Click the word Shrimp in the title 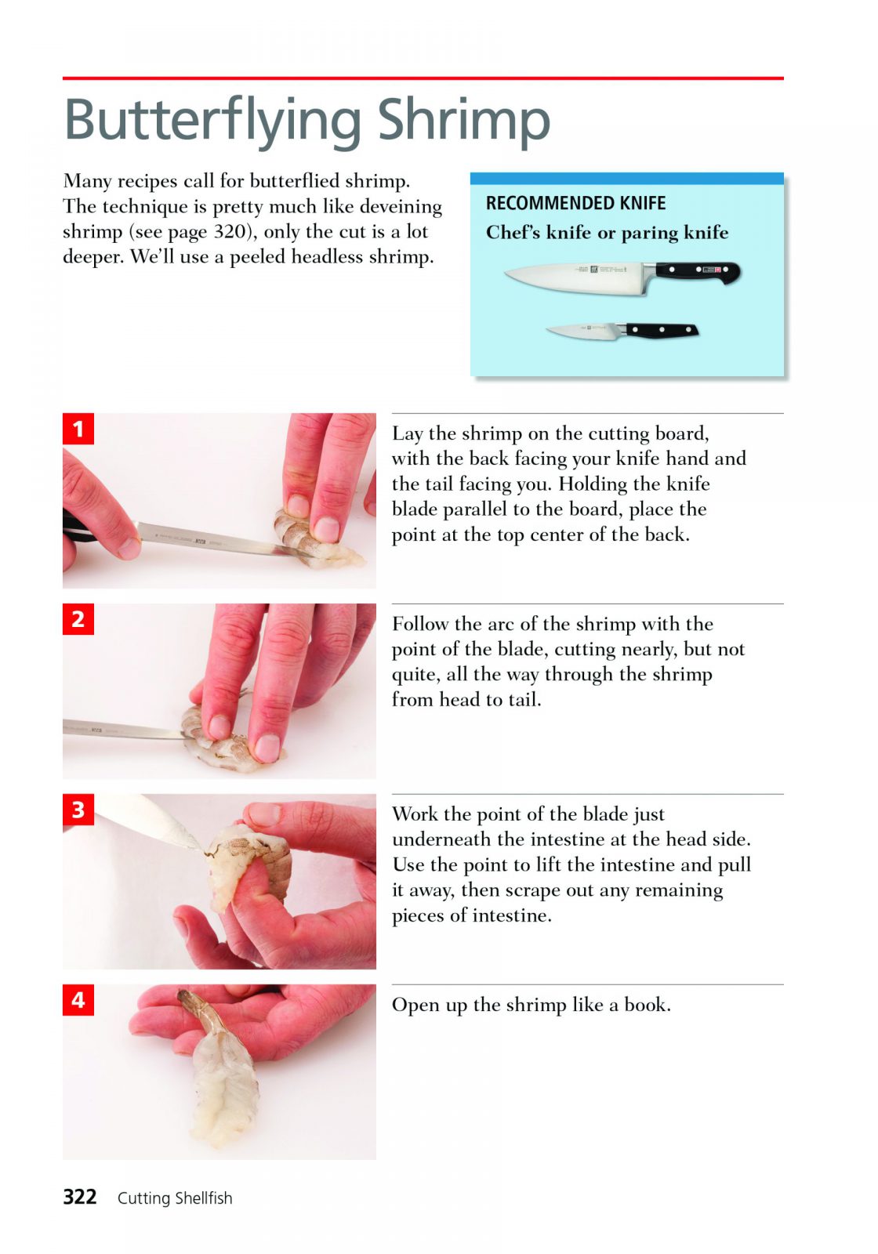coord(463,122)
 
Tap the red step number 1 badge coord(78,429)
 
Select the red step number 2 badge coord(78,619)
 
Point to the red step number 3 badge coord(78,810)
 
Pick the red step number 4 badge coord(78,1000)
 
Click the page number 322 coord(79,1198)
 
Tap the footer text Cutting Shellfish coord(175,1198)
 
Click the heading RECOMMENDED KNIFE coord(575,203)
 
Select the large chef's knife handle coord(698,273)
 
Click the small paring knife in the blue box coord(622,330)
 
